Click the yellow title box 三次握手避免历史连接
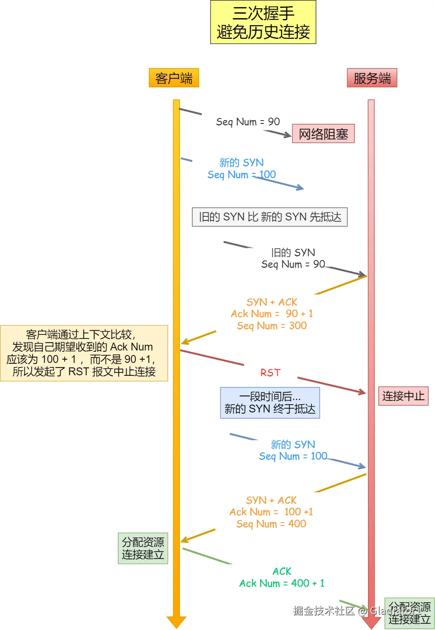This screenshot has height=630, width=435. point(263,22)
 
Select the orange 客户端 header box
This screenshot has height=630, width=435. point(174,78)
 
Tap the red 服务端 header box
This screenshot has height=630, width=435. point(372,78)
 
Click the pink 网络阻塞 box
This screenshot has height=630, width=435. point(323,134)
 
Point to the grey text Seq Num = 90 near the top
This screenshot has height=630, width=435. point(248,122)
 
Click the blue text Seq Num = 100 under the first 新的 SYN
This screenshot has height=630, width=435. point(241,175)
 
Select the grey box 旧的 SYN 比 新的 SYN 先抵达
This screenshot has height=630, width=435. point(270,217)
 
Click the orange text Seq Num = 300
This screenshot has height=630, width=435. point(272,326)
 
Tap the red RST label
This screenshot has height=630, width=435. point(270,373)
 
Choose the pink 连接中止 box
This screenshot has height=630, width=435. point(403,396)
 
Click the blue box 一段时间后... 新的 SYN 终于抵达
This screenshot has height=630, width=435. point(270,403)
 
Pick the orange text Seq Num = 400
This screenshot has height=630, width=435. point(271,524)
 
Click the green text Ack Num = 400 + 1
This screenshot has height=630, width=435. point(282,583)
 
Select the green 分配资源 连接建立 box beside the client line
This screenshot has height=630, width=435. point(143,548)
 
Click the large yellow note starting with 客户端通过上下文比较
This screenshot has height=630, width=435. point(84,353)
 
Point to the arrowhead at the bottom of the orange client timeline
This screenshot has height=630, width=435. point(177,622)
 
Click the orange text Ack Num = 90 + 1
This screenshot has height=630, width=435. point(272,314)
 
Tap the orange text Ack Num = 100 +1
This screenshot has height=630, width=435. point(271,512)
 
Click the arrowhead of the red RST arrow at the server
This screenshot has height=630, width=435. point(363,392)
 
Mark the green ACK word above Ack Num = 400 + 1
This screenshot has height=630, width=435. point(282,571)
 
